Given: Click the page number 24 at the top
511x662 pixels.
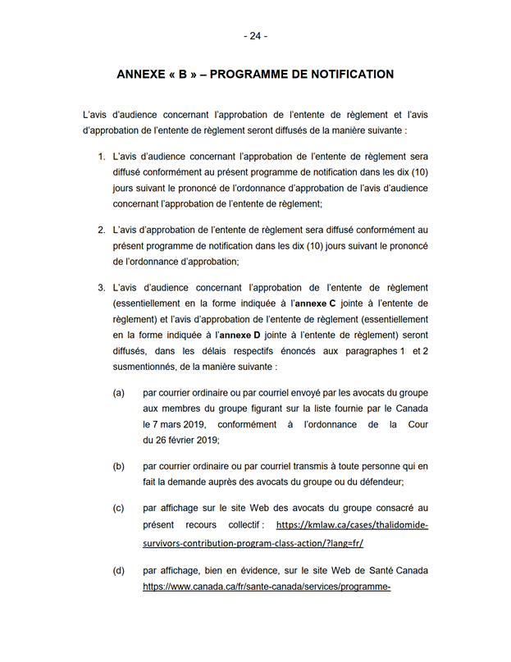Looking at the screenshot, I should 255,36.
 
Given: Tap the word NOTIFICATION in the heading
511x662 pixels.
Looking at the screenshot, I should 346,75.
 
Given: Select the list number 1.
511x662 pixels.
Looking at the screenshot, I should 101,156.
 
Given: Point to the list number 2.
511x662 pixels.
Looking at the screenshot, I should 101,231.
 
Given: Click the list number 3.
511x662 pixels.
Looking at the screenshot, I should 101,288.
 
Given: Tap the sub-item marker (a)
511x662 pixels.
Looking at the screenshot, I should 119,393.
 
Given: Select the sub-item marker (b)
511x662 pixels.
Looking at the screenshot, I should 119,466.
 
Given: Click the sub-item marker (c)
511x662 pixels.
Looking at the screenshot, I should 119,508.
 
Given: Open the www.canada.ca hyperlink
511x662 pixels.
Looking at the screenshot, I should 266,587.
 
